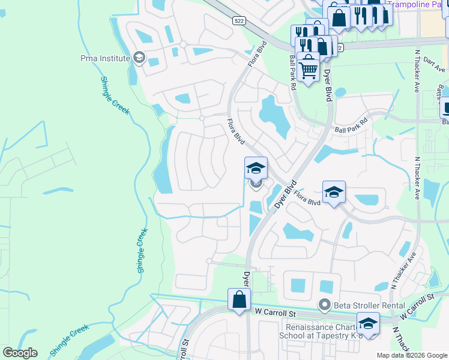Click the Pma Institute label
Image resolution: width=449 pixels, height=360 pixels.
105,58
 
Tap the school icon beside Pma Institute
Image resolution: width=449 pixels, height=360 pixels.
139,58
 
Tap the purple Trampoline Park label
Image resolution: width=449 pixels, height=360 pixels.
414,4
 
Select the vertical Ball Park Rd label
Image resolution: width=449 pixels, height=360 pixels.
293,72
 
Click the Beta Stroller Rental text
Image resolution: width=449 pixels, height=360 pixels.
363,305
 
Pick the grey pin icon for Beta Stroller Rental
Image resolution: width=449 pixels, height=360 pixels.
325,305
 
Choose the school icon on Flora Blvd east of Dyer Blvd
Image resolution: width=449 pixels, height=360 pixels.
334,192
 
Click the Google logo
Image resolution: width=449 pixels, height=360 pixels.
20,353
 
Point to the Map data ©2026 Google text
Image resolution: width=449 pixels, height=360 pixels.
411,355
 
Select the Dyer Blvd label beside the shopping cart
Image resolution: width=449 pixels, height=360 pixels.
328,85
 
